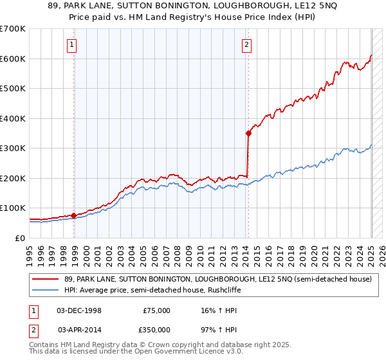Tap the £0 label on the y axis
[x=20, y=238]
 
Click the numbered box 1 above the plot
[x=71, y=44]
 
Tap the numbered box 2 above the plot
[x=247, y=44]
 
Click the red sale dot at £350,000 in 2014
[x=248, y=133]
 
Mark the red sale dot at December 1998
[x=74, y=215]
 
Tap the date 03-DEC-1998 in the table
[x=79, y=310]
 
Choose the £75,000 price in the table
[x=156, y=310]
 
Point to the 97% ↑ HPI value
[x=219, y=329]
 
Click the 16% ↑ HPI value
[x=219, y=310]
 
